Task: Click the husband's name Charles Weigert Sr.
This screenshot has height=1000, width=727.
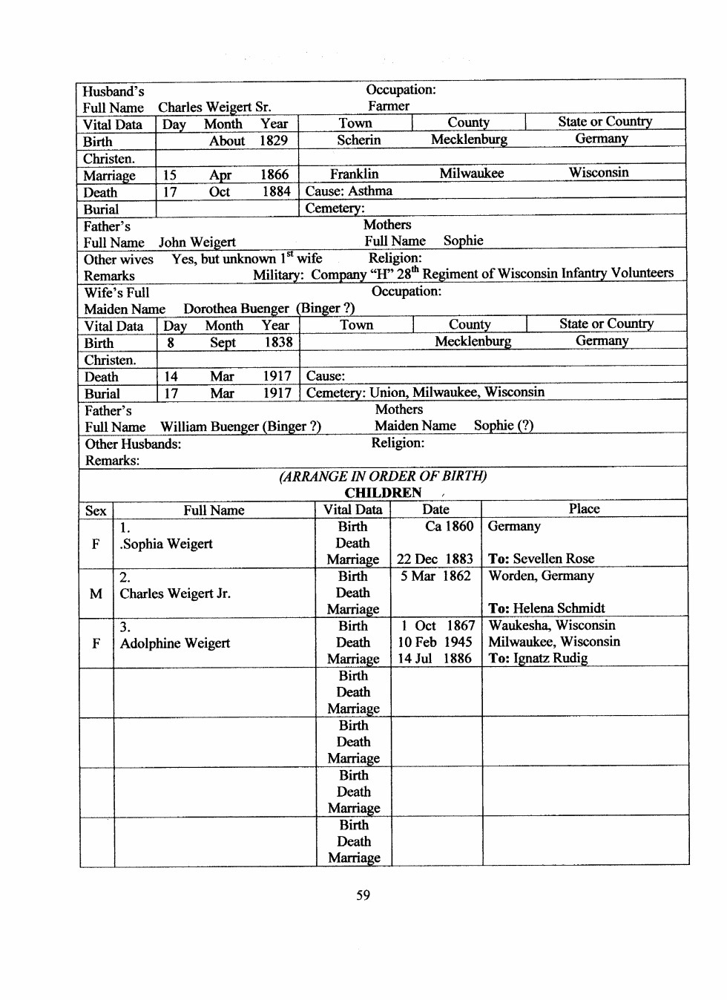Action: (x=214, y=108)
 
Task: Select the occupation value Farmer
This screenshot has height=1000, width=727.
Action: (x=389, y=106)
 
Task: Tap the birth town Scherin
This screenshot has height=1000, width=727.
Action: (x=358, y=140)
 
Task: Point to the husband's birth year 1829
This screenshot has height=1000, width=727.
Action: (x=273, y=141)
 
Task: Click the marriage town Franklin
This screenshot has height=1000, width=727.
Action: (x=354, y=174)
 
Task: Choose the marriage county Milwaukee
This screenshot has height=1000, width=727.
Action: (x=471, y=174)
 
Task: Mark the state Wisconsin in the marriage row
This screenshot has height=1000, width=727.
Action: (x=599, y=173)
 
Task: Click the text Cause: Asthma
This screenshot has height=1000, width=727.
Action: (x=349, y=191)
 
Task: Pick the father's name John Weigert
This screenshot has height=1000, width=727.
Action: (x=197, y=243)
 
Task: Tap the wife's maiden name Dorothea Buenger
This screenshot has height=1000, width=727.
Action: (x=236, y=309)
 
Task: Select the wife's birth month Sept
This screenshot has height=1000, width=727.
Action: (x=223, y=343)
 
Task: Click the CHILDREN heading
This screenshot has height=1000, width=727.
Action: (x=383, y=493)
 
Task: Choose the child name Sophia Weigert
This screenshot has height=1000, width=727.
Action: (x=168, y=544)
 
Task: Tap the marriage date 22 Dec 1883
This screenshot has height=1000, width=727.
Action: (x=435, y=559)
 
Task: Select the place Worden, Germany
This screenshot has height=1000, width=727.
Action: (x=541, y=576)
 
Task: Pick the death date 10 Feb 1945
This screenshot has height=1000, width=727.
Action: (x=435, y=642)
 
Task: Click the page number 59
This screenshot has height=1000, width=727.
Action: (x=363, y=895)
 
